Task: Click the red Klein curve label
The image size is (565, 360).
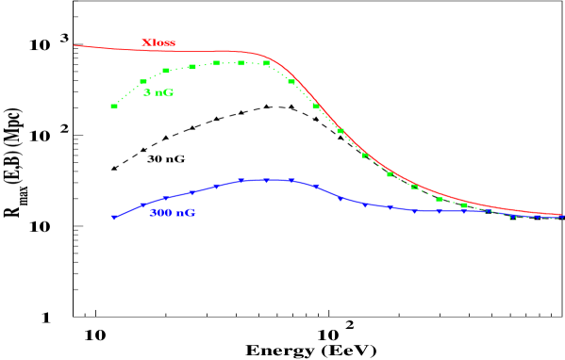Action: pos(158,43)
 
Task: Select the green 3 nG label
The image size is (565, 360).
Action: pos(158,92)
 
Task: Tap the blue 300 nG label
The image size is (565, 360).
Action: pos(173,213)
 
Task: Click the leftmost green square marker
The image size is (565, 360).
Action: pos(114,106)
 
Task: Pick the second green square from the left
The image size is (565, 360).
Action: pos(143,82)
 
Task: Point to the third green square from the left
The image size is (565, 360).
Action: pos(166,71)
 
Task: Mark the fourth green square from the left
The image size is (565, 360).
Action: pos(191,67)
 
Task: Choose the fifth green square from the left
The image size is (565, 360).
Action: pos(216,63)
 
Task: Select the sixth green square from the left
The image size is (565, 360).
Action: pos(241,63)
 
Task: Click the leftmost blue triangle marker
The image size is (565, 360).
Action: pos(114,218)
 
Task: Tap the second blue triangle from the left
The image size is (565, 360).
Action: pos(142,205)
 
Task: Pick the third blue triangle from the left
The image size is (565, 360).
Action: pos(166,199)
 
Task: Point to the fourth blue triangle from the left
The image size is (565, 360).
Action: pos(191,193)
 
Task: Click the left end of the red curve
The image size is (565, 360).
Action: pos(75,45)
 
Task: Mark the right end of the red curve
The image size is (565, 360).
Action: pos(561,214)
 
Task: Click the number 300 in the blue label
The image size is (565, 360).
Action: pos(160,213)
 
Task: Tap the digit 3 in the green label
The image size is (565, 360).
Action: pos(146,92)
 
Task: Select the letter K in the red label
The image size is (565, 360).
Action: pos(145,43)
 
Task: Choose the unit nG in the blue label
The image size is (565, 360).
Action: pos(185,213)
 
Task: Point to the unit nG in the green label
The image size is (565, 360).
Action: pos(164,92)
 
